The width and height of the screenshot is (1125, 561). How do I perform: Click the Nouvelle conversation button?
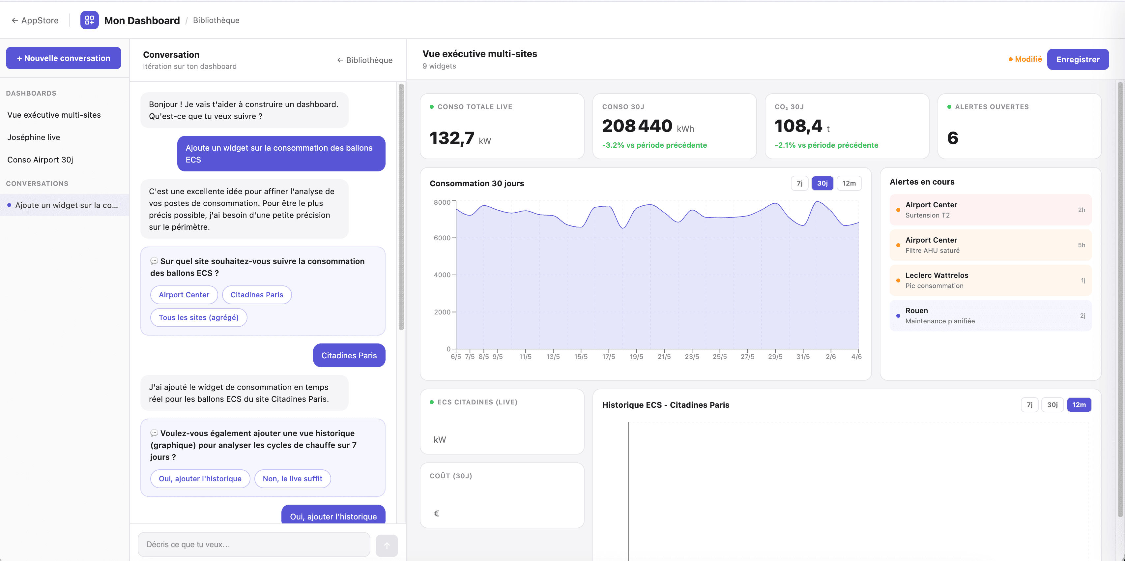(63, 58)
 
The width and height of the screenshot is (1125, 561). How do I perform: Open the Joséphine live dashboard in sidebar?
(34, 137)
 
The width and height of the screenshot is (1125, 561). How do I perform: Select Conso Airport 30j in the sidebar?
(40, 160)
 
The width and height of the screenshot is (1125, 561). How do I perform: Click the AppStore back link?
(35, 20)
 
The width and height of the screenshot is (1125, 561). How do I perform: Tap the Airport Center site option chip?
(184, 294)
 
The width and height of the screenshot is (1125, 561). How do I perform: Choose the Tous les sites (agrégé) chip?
(199, 317)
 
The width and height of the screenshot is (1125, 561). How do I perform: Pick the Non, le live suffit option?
(293, 478)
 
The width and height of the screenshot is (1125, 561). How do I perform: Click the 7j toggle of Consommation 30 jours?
(799, 183)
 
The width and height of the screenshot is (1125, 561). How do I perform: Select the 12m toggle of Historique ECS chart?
(1079, 404)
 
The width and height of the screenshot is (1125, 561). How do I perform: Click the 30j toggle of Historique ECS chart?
(1053, 404)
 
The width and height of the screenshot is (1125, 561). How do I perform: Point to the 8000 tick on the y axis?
(442, 202)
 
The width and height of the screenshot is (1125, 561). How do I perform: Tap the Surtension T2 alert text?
(927, 215)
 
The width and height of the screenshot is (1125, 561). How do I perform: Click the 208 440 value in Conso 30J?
(637, 126)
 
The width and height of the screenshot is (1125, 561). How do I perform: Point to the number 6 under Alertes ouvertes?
(953, 138)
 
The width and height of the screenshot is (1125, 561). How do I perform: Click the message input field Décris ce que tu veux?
(254, 545)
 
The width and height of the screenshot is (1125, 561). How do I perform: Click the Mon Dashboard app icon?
(90, 20)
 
